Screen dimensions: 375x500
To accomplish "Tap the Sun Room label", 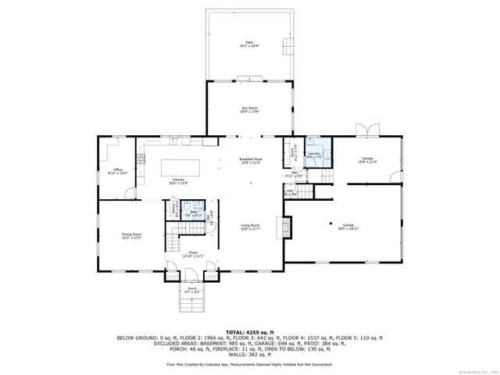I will (250, 110).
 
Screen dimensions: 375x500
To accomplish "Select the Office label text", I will (117, 171).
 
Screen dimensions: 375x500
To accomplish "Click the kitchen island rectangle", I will (180, 167).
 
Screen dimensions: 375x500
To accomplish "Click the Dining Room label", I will (131, 236).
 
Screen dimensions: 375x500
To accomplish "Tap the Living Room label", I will (250, 227).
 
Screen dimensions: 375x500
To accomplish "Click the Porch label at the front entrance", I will (192, 290).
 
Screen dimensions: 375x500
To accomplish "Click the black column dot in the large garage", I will (331, 220).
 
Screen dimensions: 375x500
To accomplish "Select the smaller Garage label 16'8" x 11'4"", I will (367, 161).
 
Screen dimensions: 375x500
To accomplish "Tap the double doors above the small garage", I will (366, 129).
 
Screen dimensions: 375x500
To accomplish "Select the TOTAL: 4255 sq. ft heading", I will (249, 332).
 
